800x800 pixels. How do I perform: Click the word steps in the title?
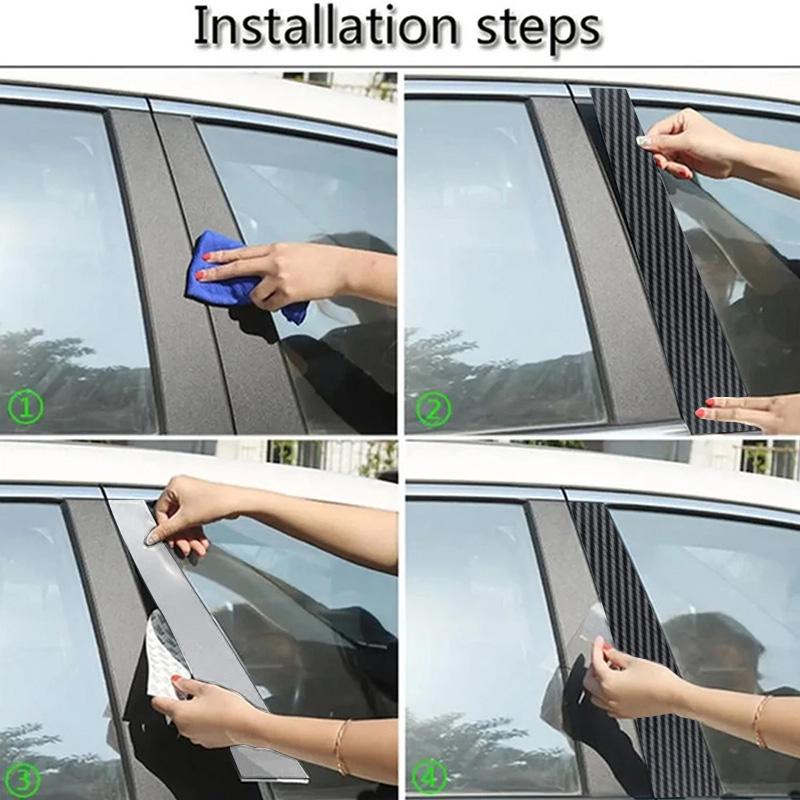[539, 30]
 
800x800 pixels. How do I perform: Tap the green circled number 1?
[26, 407]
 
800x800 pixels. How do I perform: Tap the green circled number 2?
[433, 409]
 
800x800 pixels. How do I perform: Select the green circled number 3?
[23, 779]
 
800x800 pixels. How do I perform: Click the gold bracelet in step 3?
[341, 746]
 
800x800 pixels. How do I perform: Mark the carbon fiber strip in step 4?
[633, 638]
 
